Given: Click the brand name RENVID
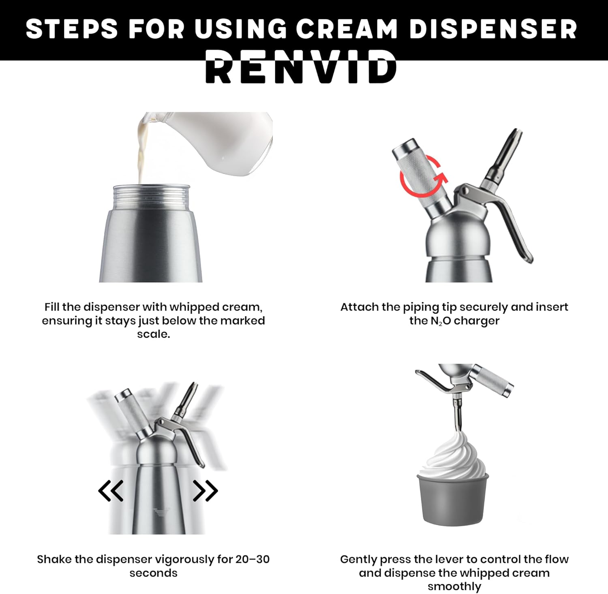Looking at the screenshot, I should point(301,67).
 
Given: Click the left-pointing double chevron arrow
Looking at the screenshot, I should point(111,491).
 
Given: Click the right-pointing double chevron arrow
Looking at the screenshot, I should point(206,491).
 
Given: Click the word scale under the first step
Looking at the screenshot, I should point(153,334).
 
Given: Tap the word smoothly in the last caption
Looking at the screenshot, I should point(454,586).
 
